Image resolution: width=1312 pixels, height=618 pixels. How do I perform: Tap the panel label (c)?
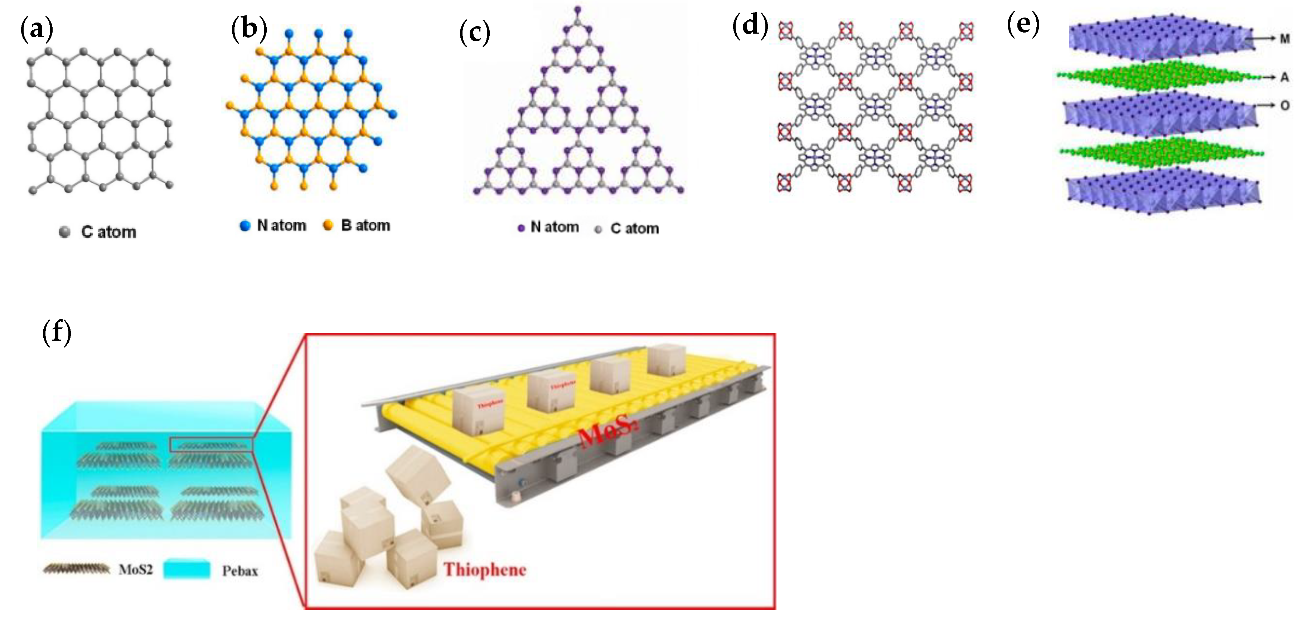[x=474, y=33]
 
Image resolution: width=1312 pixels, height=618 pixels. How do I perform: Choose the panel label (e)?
[x=1023, y=24]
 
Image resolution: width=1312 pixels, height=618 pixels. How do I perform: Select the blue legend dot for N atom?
[x=245, y=225]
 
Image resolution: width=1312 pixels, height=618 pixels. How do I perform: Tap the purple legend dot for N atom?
[x=521, y=228]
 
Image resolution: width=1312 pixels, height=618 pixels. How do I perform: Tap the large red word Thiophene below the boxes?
[x=484, y=570]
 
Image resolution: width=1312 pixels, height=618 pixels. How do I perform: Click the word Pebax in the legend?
[x=240, y=571]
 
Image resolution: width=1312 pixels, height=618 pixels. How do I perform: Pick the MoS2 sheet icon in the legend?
[x=76, y=569]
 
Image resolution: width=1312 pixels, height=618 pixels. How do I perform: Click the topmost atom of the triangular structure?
[x=577, y=9]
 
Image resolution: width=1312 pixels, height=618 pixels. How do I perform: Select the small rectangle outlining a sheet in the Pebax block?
[x=211, y=444]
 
